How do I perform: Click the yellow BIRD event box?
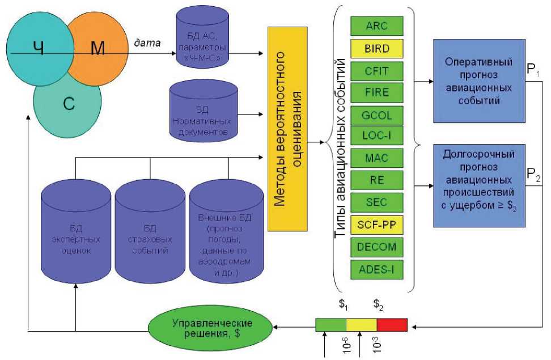coord(376,49)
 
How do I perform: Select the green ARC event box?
coord(376,26)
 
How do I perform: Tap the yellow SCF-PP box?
coord(376,226)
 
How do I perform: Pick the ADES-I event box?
coord(376,269)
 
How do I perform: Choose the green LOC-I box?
coord(376,137)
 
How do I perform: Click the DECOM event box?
coord(376,247)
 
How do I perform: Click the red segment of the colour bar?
coord(392,325)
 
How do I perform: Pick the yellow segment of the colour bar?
coord(361,325)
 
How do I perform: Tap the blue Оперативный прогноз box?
coord(479,81)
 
